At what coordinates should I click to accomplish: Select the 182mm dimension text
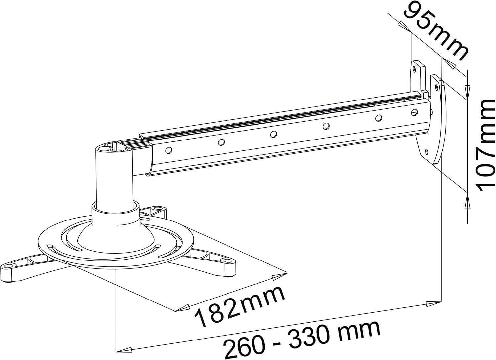click(x=239, y=306)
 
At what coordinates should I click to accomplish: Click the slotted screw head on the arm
click(x=414, y=112)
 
